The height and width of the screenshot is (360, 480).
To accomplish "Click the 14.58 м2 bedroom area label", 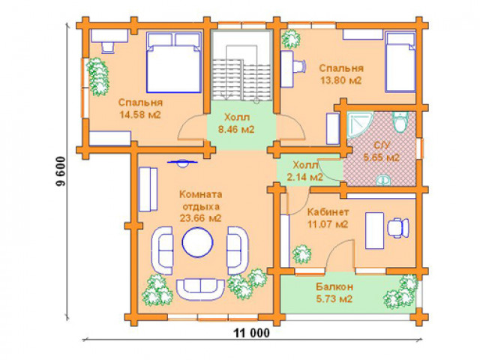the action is click(x=140, y=115).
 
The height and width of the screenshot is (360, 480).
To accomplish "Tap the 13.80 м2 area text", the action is click(x=341, y=80).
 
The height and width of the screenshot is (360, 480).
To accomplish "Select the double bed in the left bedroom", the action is click(x=173, y=62).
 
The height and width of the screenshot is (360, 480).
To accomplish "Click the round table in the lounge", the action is click(x=197, y=241).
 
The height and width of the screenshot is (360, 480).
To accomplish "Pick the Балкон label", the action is click(x=334, y=286).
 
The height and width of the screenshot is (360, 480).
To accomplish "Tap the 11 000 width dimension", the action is click(x=252, y=333).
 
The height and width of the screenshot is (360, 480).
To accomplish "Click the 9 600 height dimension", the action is click(x=61, y=172).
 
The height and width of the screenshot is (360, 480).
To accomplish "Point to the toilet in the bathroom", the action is click(x=400, y=121).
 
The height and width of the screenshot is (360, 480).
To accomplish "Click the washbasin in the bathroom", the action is click(x=383, y=180).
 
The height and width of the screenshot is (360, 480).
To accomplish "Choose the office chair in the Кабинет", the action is click(x=398, y=228).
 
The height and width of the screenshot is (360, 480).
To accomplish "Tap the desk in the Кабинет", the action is click(x=375, y=230).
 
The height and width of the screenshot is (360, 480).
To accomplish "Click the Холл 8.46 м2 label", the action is click(x=236, y=123).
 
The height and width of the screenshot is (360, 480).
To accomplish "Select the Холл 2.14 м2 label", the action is click(x=305, y=171).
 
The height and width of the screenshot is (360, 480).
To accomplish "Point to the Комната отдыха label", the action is click(x=201, y=200).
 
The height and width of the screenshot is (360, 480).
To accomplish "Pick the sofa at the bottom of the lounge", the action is click(x=200, y=289).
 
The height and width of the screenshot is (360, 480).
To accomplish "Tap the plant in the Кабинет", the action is click(x=301, y=254).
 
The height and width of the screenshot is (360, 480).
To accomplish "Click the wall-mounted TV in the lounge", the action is click(x=182, y=163).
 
